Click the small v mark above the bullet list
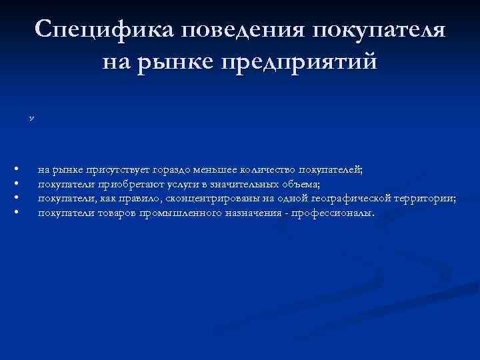point(31,117)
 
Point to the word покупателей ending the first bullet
point(331,170)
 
